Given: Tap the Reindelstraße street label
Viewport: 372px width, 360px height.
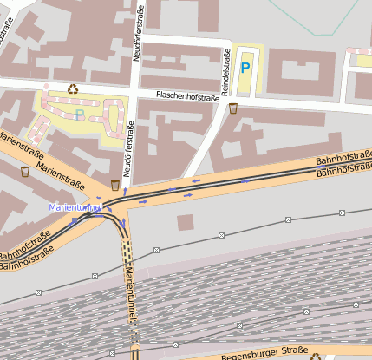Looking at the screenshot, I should pyautogui.click(x=225, y=75).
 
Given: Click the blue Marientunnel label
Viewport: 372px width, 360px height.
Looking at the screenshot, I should pyautogui.click(x=76, y=208).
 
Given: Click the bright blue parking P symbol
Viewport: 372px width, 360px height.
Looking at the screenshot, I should pyautogui.click(x=245, y=66).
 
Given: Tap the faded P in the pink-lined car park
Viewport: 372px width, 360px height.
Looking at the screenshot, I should pyautogui.click(x=80, y=115).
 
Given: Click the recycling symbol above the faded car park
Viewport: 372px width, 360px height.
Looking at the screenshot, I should pyautogui.click(x=73, y=88).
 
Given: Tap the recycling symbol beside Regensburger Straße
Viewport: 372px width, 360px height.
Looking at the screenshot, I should pyautogui.click(x=315, y=355).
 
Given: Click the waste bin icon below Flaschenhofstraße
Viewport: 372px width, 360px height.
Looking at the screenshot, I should pyautogui.click(x=232, y=108).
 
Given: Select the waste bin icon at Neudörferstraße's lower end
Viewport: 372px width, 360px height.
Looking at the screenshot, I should pyautogui.click(x=116, y=184).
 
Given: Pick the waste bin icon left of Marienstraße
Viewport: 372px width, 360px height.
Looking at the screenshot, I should pyautogui.click(x=24, y=171).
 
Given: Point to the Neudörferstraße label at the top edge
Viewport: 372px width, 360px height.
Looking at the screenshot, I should pyautogui.click(x=137, y=30).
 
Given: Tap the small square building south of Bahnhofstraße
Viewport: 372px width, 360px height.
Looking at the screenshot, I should pyautogui.click(x=185, y=222).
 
